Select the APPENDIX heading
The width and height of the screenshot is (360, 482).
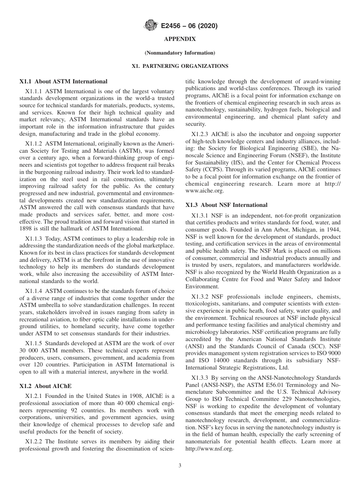click(180, 39)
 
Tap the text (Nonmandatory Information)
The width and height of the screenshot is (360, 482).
click(180, 53)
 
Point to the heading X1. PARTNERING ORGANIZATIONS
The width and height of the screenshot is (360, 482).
click(180, 66)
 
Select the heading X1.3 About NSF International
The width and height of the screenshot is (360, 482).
click(226, 205)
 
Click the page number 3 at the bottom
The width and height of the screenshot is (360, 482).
click(180, 466)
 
